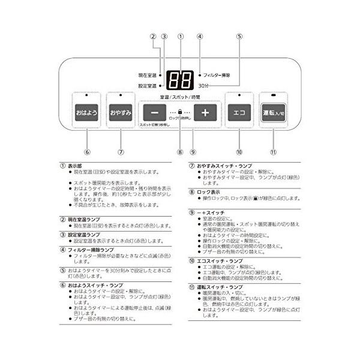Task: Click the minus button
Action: coord(155,113)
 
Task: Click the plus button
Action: coord(205,113)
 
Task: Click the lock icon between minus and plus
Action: coord(180,112)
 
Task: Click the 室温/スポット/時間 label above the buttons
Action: coord(179,97)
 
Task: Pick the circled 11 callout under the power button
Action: coord(274,152)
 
